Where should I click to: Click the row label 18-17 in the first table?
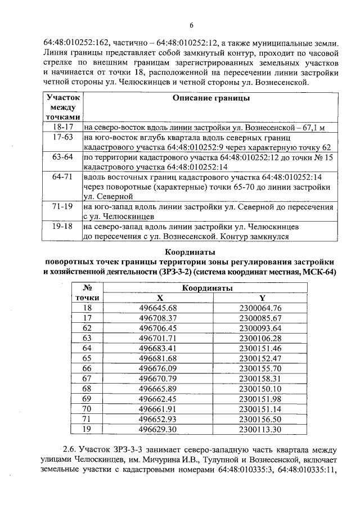pos(63,128)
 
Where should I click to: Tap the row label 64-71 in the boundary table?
pos(63,177)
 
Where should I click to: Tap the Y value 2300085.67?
pos(260,318)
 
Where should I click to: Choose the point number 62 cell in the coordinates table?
pos(87,328)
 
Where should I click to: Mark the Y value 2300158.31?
pos(260,379)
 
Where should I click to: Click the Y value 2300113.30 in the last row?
pos(260,429)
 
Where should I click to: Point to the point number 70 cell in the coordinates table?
pos(87,409)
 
